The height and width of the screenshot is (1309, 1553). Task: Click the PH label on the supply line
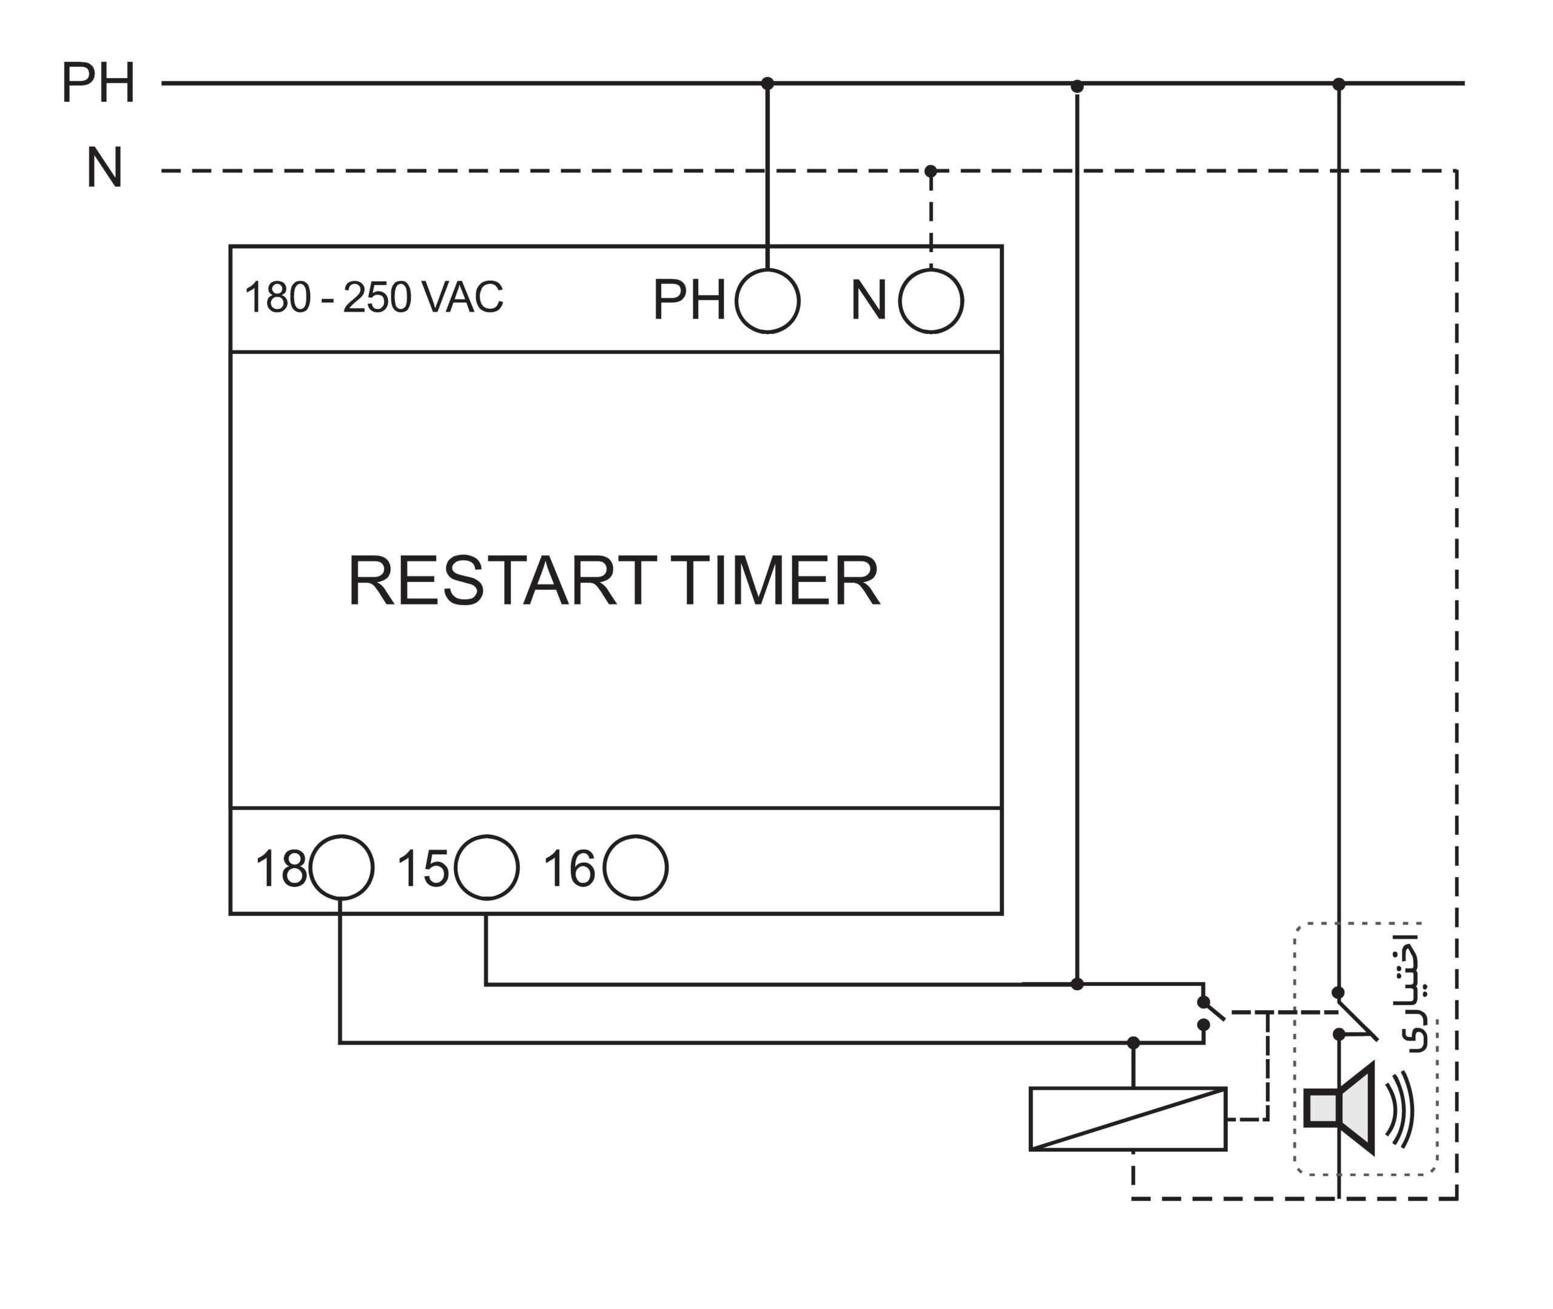click(98, 83)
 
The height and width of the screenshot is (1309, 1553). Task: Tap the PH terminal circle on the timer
click(767, 301)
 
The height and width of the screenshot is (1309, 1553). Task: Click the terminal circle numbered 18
click(342, 868)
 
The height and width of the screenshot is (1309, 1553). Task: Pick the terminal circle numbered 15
click(487, 868)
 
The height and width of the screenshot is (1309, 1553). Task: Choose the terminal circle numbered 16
click(635, 868)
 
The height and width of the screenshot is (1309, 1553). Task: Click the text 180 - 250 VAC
click(374, 298)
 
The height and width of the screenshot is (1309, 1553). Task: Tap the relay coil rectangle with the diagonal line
click(1128, 1119)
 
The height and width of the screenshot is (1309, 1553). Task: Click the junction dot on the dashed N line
click(930, 172)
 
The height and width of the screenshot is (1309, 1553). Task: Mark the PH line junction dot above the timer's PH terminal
click(767, 83)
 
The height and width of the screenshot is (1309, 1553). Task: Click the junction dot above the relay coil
click(1133, 1043)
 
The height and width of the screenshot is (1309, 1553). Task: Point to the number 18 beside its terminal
click(280, 869)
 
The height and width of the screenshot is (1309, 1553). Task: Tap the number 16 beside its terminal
click(568, 869)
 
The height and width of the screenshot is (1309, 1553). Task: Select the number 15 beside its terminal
click(422, 869)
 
